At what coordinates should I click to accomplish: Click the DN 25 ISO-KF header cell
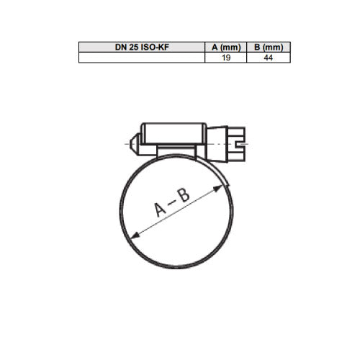(x=142, y=47)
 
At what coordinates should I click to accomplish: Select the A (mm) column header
(x=226, y=47)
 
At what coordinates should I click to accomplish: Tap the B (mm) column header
(x=269, y=47)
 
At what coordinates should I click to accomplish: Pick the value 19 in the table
(x=226, y=58)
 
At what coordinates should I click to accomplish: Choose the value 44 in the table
(x=268, y=58)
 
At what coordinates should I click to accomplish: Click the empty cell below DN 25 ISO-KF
(x=142, y=58)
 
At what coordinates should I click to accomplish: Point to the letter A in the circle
(x=160, y=210)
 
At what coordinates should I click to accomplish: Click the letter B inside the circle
(x=184, y=195)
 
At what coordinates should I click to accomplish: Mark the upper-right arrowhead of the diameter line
(x=218, y=188)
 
